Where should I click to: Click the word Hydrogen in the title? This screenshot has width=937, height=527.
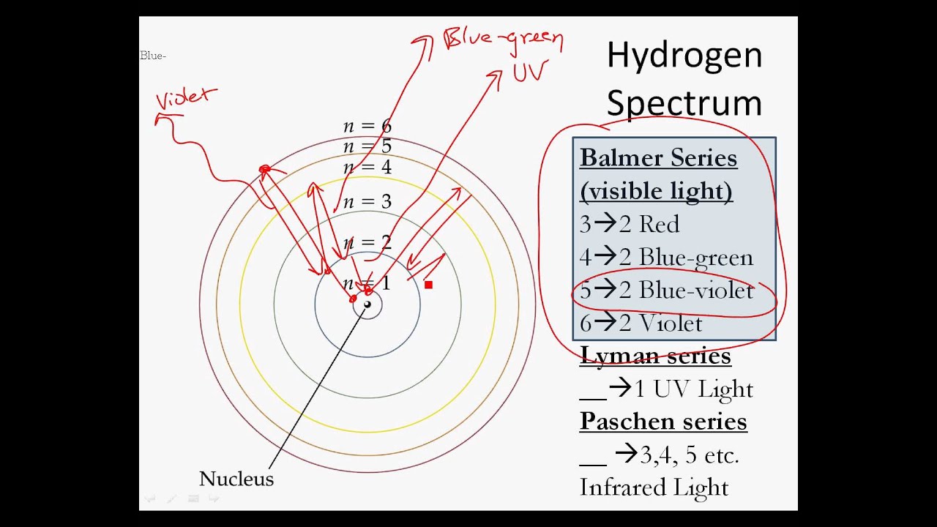[684, 56]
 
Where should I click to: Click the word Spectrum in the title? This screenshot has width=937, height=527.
[684, 102]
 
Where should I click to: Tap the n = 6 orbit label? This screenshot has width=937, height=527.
[367, 126]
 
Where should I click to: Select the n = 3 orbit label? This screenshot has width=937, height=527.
[367, 201]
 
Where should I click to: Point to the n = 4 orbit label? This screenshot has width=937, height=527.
[367, 168]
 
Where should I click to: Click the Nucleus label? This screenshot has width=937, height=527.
[236, 479]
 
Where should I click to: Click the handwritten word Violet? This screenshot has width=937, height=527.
[187, 100]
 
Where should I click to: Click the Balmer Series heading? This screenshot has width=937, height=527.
[658, 158]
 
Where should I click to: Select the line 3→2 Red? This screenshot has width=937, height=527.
[630, 224]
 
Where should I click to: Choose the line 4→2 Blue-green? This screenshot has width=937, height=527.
[666, 258]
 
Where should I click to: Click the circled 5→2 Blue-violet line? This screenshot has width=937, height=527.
[666, 291]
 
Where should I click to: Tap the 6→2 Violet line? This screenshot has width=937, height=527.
[641, 324]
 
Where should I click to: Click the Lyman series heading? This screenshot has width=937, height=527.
[655, 356]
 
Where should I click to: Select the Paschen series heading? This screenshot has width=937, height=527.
[663, 422]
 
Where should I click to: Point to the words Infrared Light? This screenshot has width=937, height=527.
[654, 487]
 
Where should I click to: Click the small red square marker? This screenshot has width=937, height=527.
[428, 285]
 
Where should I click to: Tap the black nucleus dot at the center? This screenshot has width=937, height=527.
[367, 304]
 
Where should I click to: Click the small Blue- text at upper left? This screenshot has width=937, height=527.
[153, 56]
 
